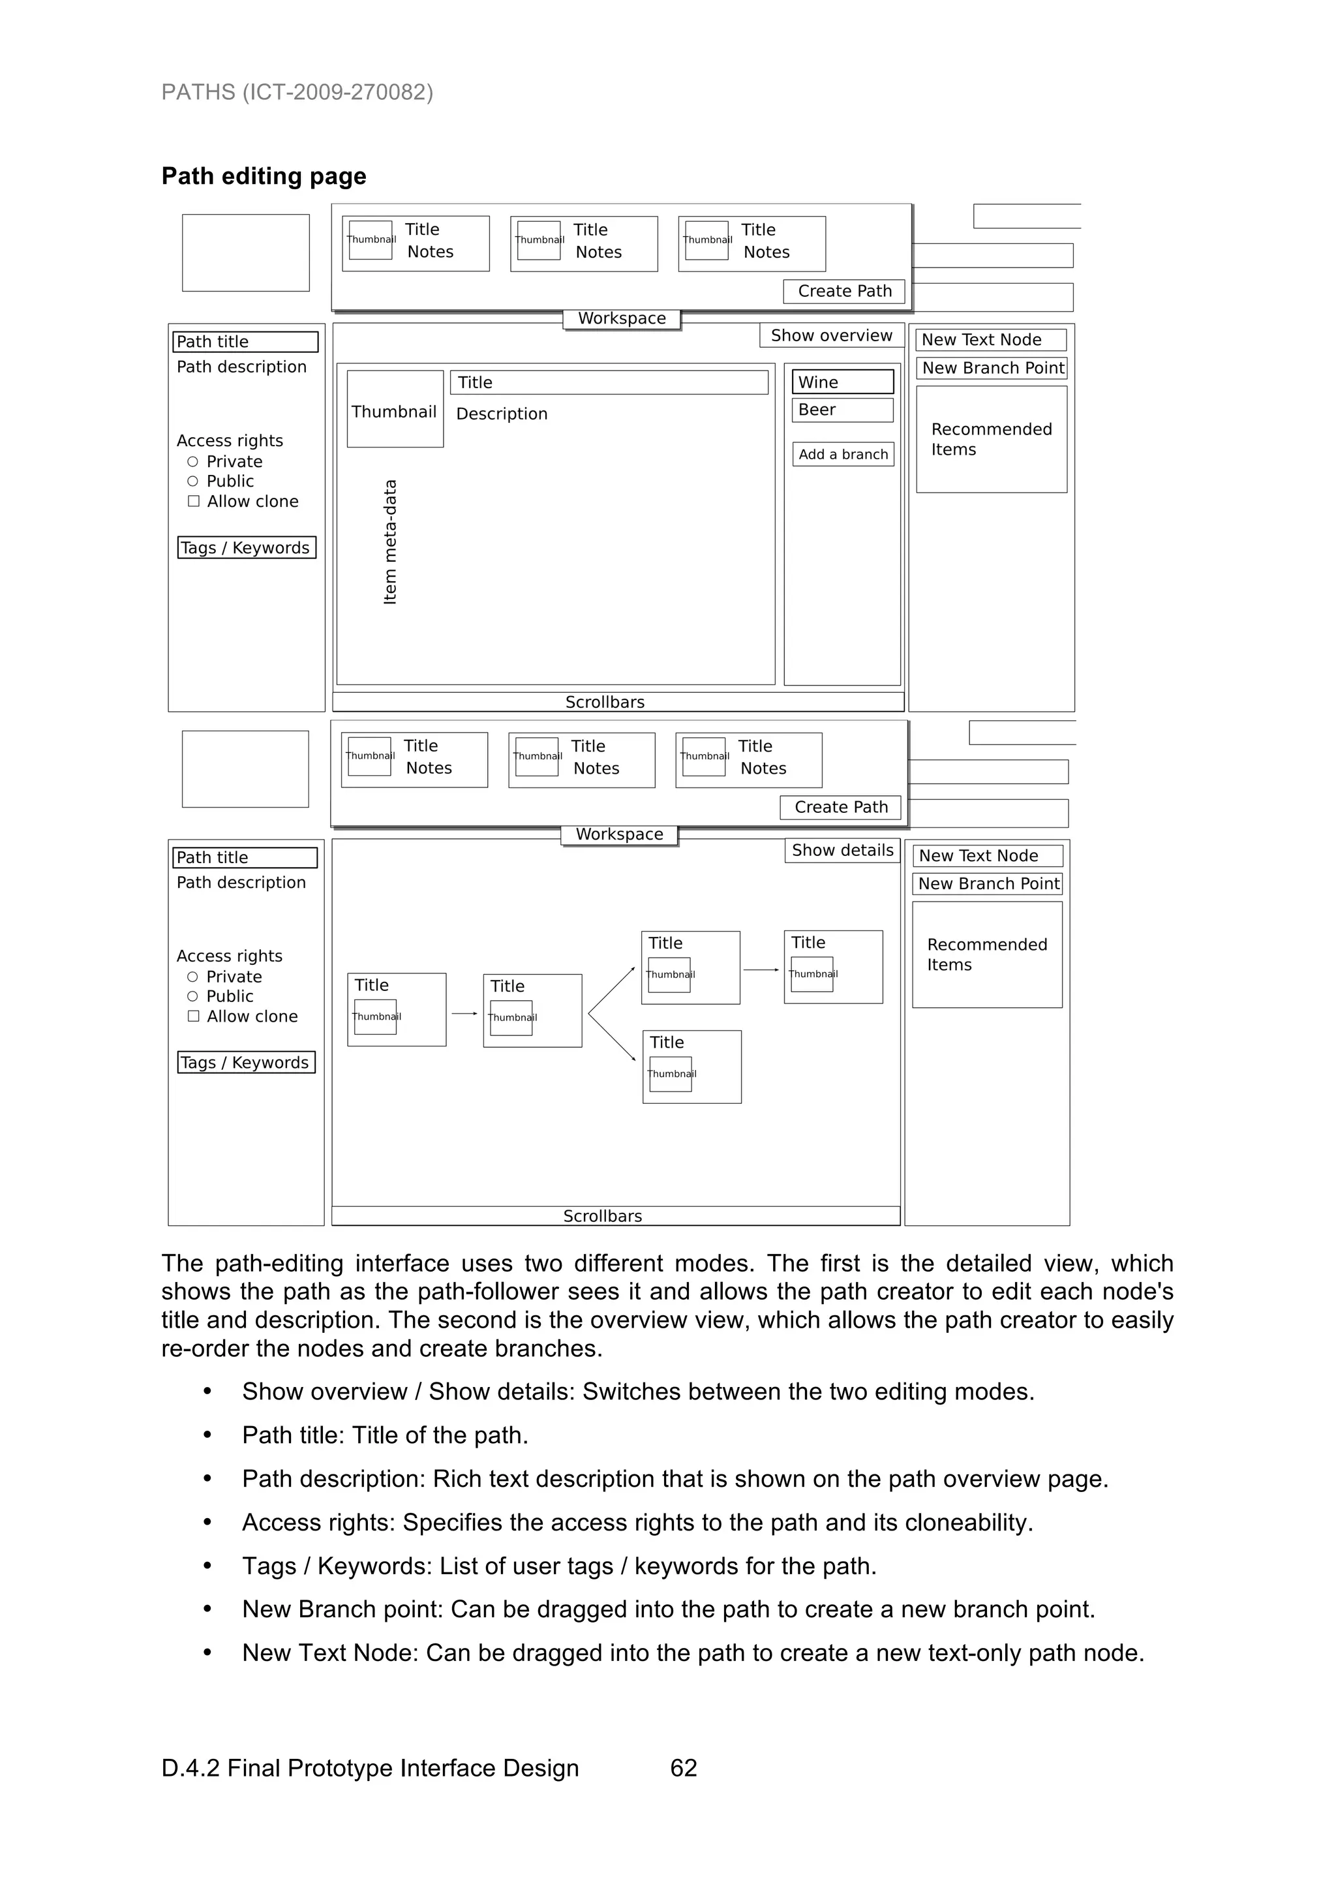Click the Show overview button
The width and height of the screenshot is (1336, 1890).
830,335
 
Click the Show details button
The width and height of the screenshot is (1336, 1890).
842,850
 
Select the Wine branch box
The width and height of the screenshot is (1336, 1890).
842,382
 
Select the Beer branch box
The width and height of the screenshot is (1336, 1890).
842,410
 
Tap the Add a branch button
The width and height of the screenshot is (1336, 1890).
842,454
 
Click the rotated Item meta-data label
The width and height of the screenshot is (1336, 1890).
390,542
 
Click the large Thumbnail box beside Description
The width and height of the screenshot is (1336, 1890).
394,410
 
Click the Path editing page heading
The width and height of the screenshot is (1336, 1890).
264,176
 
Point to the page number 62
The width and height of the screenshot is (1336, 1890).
683,1768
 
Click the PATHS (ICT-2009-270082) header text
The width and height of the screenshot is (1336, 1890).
297,91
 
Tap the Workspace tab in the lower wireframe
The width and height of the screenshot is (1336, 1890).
619,834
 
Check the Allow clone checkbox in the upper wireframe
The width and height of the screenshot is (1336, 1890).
194,501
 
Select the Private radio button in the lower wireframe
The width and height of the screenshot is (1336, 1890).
192,977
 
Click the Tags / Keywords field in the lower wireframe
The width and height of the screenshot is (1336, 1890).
246,1063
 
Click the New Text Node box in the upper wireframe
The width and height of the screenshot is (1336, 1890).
991,340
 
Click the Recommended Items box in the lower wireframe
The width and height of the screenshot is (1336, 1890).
986,955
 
